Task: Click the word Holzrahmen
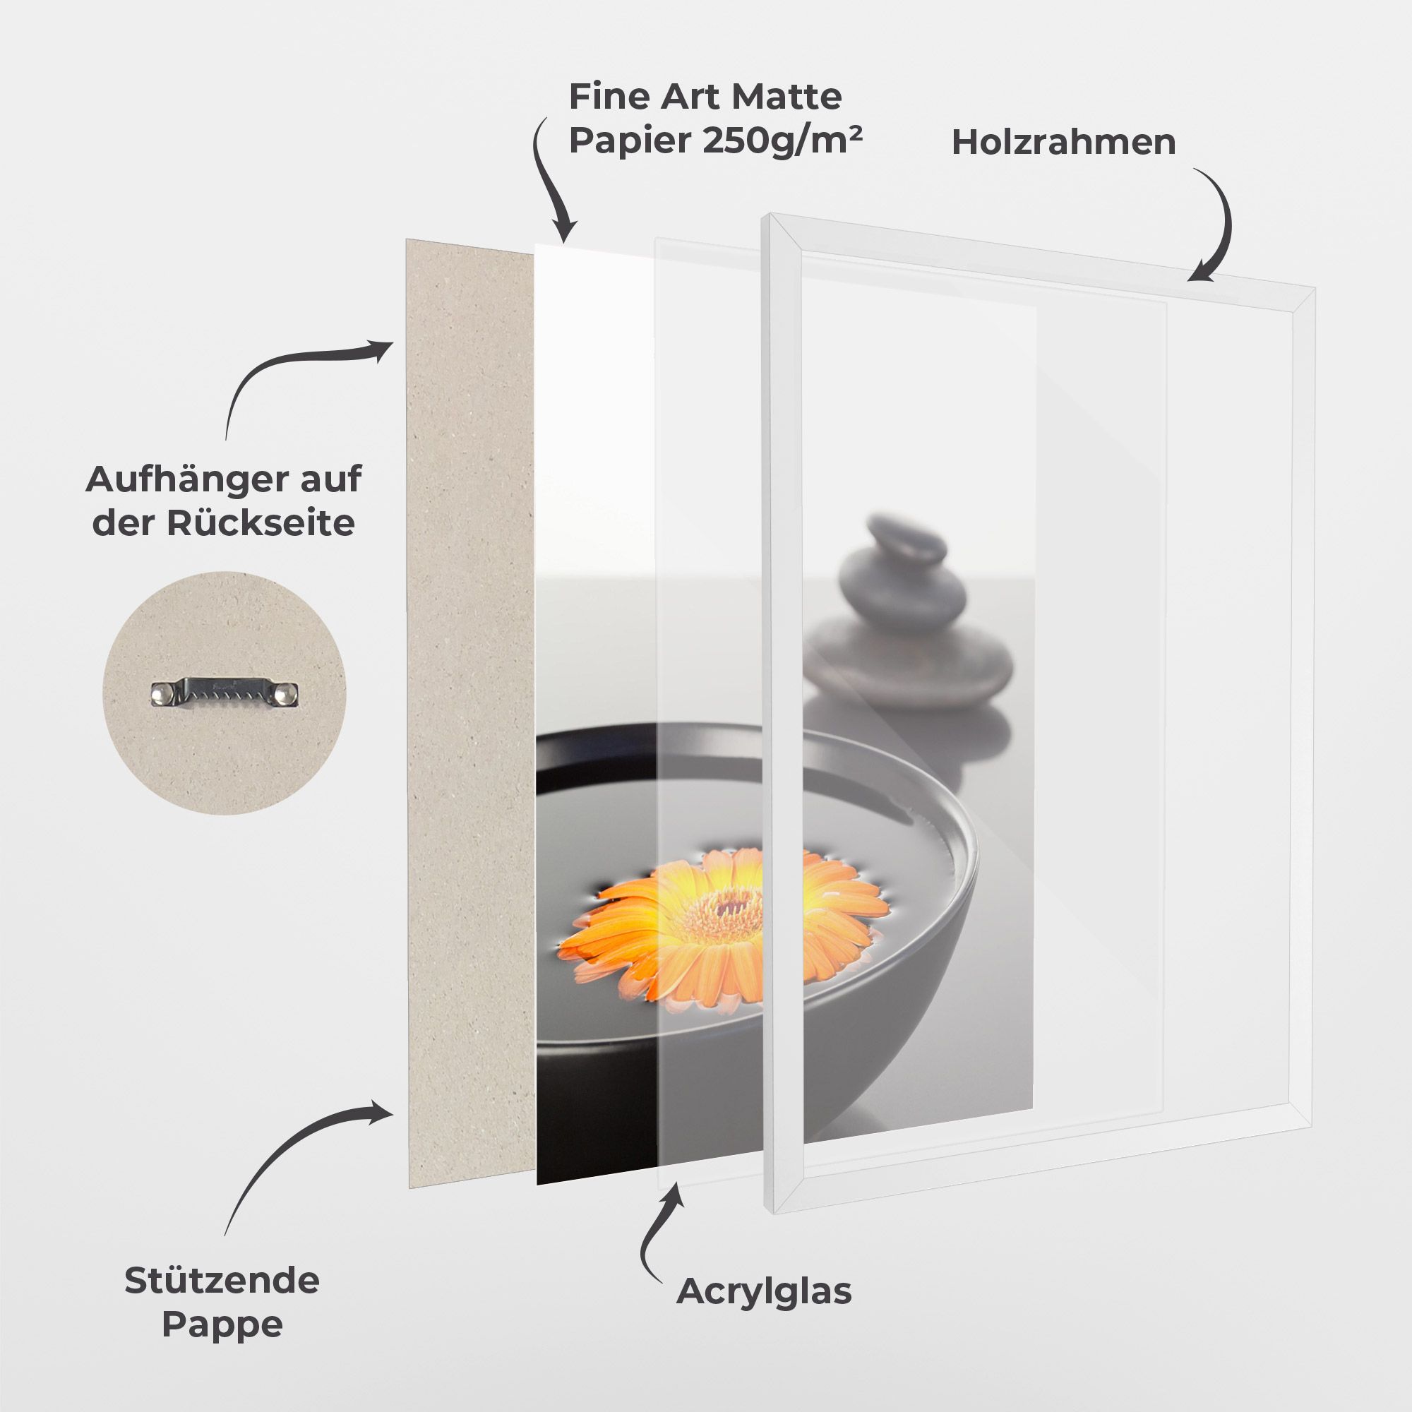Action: (x=1063, y=143)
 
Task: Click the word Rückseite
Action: (x=261, y=523)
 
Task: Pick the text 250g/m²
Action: (x=782, y=140)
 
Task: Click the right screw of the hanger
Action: (x=289, y=691)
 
